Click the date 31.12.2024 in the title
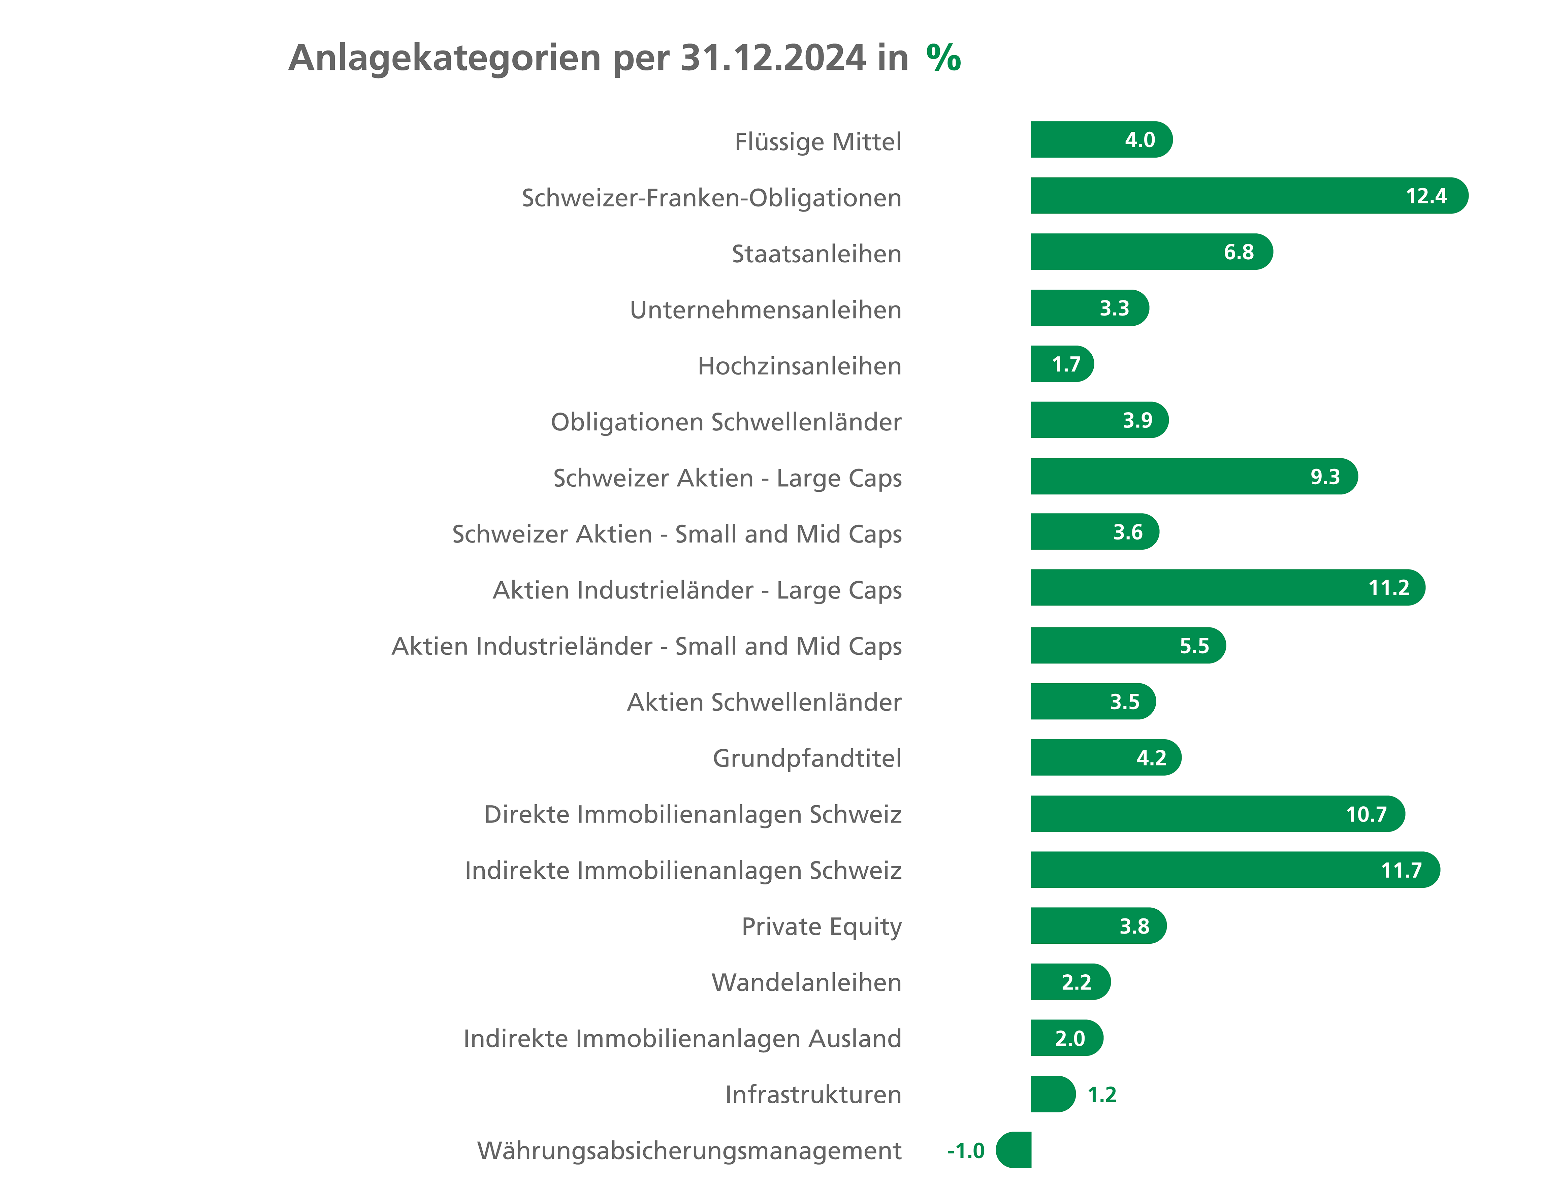[x=773, y=58]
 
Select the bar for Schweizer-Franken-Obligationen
[x=1249, y=195]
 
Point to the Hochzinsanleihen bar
[x=1062, y=364]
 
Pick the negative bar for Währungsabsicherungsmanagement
[x=1014, y=1150]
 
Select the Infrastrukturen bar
[x=1053, y=1094]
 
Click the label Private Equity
[x=821, y=926]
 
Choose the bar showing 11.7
[x=1235, y=870]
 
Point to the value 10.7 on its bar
[x=1366, y=814]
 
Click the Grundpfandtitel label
[x=807, y=758]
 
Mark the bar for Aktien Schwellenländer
[x=1093, y=701]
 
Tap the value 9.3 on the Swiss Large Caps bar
[x=1324, y=476]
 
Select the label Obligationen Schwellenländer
[x=726, y=422]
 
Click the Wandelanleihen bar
[x=1070, y=982]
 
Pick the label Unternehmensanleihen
[x=766, y=310]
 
